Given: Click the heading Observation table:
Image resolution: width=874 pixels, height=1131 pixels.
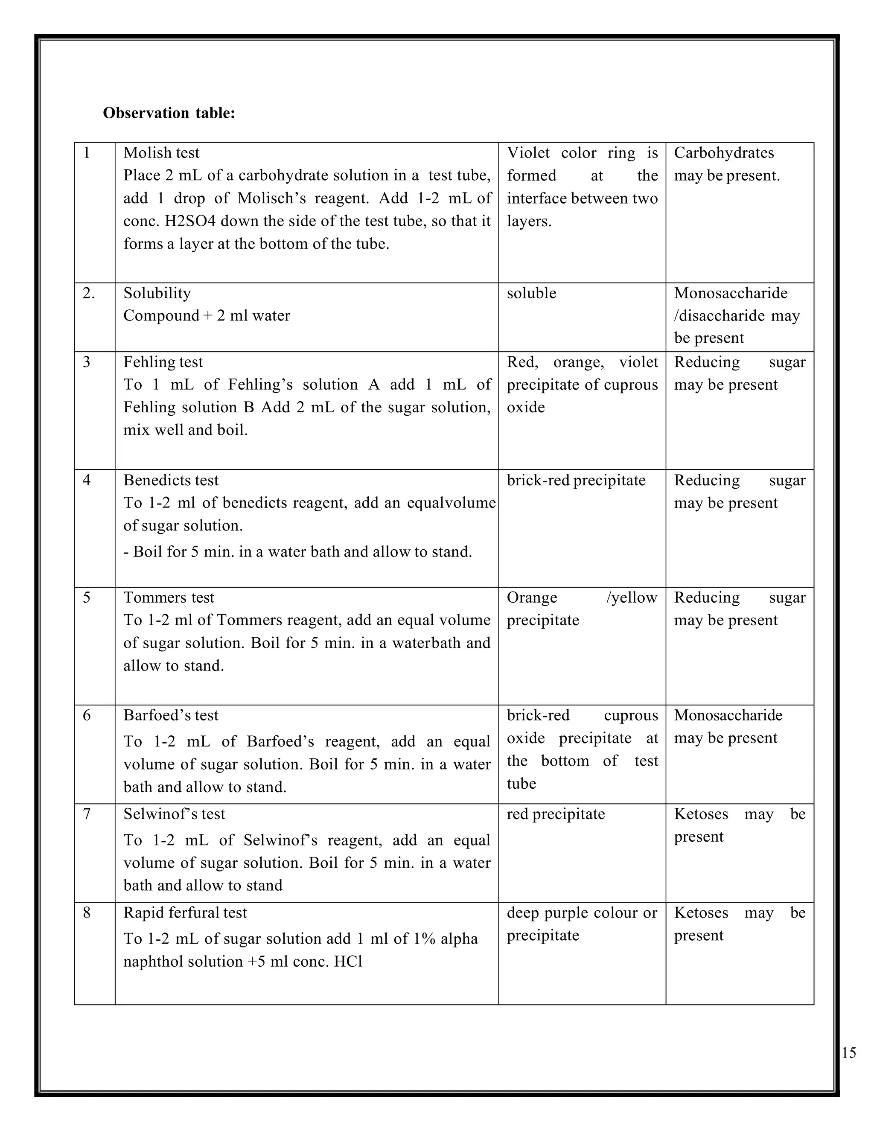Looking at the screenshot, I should click(169, 113).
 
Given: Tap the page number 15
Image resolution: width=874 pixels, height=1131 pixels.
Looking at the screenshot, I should click(848, 1053).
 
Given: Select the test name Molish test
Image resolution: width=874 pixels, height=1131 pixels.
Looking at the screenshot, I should click(161, 153).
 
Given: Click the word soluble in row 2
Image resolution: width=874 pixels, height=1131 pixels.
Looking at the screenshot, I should click(531, 293).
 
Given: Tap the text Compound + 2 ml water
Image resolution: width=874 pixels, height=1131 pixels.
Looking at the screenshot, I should click(207, 315).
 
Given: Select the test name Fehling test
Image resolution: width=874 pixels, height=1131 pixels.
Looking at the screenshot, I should click(163, 362).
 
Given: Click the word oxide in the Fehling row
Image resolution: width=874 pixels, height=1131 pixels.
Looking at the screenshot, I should click(525, 407).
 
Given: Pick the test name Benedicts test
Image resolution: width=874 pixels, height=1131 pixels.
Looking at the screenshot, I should click(171, 480).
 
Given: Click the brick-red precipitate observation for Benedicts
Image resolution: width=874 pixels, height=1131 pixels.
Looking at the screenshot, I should click(576, 480).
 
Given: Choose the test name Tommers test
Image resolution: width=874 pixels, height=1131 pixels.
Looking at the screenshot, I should click(168, 598).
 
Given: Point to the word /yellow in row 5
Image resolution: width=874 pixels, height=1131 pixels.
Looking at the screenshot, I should click(631, 598).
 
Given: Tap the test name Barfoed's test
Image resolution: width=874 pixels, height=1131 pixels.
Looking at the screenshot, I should click(171, 715).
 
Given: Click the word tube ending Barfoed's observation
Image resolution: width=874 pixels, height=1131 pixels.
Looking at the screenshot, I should click(521, 784).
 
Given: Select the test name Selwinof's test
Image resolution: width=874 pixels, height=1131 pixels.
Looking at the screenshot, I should click(174, 814).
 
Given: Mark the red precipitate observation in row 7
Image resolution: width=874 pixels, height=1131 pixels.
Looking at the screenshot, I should click(556, 814).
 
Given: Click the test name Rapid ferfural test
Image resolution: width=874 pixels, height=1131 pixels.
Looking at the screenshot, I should click(185, 912).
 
